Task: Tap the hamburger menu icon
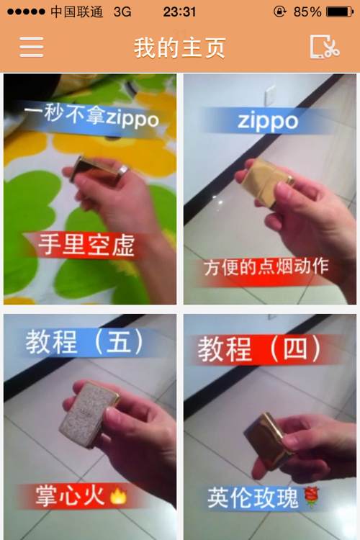(32, 47)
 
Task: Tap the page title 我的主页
(179, 48)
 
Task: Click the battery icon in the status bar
(340, 12)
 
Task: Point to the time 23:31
(179, 12)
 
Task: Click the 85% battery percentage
(307, 12)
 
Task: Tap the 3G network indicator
(122, 12)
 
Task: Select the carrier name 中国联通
(76, 12)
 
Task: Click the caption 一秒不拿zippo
(91, 116)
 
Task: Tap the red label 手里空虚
(86, 245)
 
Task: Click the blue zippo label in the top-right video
(268, 121)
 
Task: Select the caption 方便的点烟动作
(266, 267)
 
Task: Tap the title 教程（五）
(84, 342)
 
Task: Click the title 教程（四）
(259, 349)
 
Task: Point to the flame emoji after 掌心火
(118, 496)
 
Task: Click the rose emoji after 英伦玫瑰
(311, 497)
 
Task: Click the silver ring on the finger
(123, 170)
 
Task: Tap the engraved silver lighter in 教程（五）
(88, 413)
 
